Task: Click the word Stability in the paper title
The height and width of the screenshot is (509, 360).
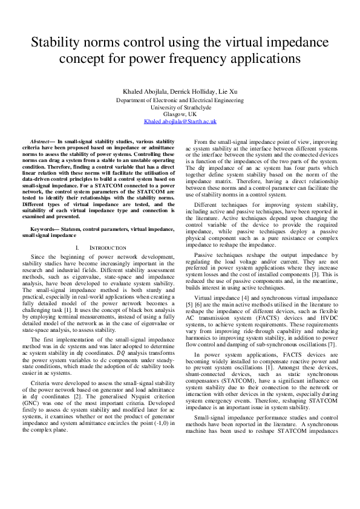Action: (x=59, y=43)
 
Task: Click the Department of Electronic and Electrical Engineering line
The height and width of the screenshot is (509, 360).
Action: (x=180, y=99)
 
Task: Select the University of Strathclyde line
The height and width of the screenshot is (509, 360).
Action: (x=180, y=106)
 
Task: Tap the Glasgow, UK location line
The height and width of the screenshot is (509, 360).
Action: (x=180, y=114)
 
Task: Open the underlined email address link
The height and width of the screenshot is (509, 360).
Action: (x=180, y=121)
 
